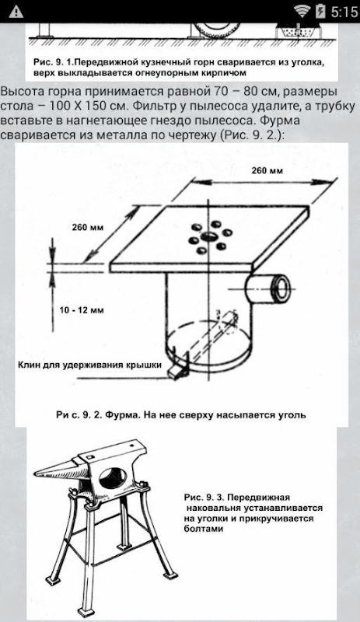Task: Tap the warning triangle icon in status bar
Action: [x=16, y=12]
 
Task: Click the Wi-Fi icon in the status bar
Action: [x=302, y=12]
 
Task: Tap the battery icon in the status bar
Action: [x=320, y=12]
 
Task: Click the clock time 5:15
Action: [x=344, y=12]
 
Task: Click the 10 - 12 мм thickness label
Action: [x=81, y=310]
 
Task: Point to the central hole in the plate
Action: [x=208, y=237]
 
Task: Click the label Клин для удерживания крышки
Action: [x=89, y=365]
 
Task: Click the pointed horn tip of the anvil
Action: [x=36, y=473]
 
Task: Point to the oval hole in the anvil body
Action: [x=112, y=478]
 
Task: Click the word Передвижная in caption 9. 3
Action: [x=259, y=498]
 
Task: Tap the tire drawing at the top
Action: [x=218, y=29]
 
